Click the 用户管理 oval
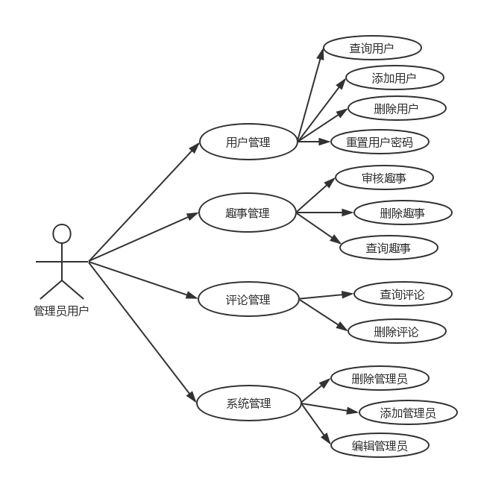(x=248, y=142)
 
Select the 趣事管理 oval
(x=248, y=213)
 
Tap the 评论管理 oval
(x=248, y=300)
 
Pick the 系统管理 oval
(x=248, y=403)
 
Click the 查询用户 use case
(x=372, y=48)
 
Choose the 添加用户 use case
(x=394, y=78)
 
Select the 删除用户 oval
(x=397, y=108)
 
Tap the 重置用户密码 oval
(x=380, y=141)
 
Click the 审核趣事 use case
(x=384, y=177)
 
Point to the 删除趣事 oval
(x=403, y=213)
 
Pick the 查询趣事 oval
(x=389, y=248)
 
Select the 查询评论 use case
(x=403, y=294)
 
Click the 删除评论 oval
(x=397, y=331)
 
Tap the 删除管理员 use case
(x=380, y=378)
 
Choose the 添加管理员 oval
(x=408, y=412)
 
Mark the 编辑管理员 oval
(x=380, y=446)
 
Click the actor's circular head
(x=62, y=234)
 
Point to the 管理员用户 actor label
(x=61, y=310)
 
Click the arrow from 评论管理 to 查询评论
(x=327, y=297)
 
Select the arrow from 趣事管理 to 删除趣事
(x=325, y=213)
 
